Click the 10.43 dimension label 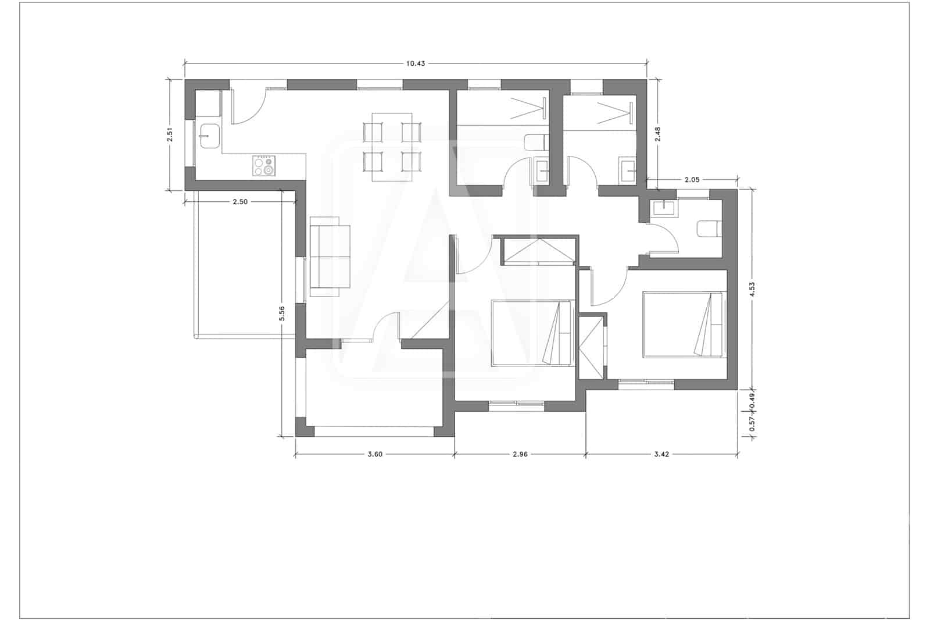click(x=416, y=63)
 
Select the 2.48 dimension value click(x=657, y=135)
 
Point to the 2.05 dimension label click(x=692, y=180)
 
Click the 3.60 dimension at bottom click(x=375, y=455)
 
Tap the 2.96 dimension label click(x=520, y=455)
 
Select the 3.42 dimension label click(x=661, y=455)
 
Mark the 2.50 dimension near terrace click(x=240, y=202)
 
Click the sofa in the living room click(x=331, y=256)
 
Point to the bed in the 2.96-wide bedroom click(x=532, y=333)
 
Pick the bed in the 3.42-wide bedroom click(x=683, y=325)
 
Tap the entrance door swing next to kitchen click(x=248, y=106)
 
